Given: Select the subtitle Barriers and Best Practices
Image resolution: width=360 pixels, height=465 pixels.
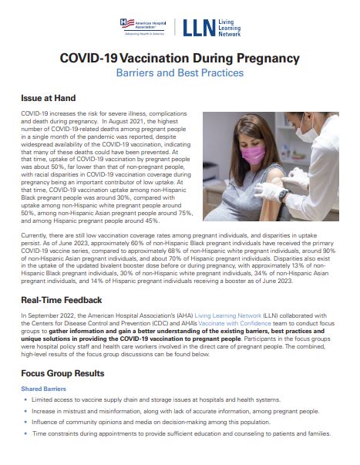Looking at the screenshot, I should (180, 73).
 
